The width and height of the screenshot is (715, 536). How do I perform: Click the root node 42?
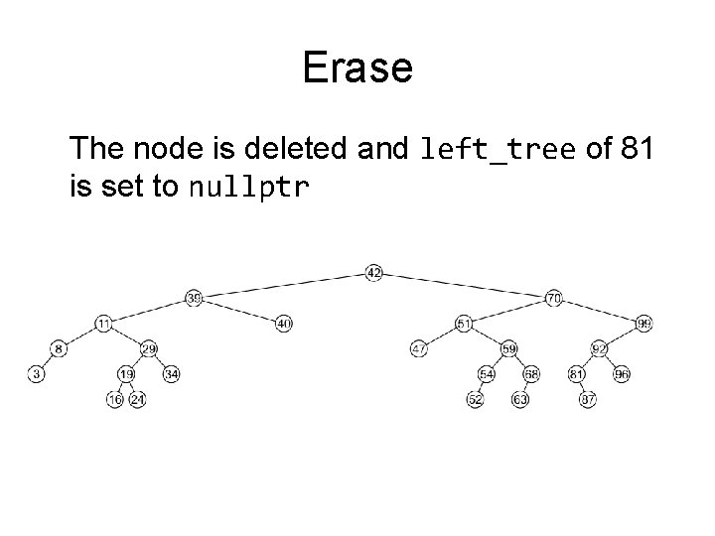coord(373,273)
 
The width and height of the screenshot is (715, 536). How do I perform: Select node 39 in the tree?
coord(194,298)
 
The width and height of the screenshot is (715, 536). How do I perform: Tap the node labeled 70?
coord(554,298)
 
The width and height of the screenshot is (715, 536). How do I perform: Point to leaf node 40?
coord(284,324)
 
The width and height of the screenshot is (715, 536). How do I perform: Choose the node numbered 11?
coord(104,324)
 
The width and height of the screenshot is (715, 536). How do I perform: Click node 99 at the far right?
coord(644,324)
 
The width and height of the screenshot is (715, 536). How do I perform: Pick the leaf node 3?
coord(36,374)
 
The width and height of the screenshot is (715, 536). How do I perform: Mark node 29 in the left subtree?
coord(149,348)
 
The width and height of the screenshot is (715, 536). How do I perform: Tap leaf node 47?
coord(419,348)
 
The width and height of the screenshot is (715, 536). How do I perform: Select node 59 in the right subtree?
coord(509,348)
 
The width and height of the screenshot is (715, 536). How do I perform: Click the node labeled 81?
coord(577,374)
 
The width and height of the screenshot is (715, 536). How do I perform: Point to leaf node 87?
coord(588,399)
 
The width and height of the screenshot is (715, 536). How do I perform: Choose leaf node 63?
coord(520,399)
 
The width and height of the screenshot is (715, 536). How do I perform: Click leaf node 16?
coord(115,399)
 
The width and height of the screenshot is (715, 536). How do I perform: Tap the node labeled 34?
coord(171,374)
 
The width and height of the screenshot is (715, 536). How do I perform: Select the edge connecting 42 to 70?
coord(464,285)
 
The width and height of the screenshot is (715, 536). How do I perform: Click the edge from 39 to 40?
coord(238,311)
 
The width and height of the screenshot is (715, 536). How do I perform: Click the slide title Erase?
coord(357,68)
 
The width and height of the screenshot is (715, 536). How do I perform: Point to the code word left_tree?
coord(498,150)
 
